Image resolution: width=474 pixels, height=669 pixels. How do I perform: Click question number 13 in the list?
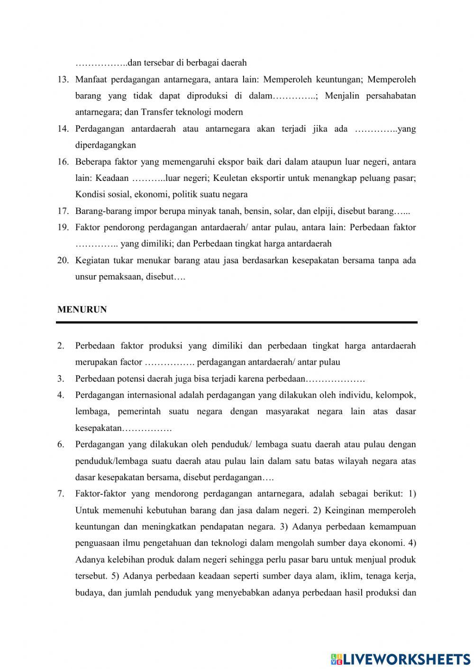coord(63,80)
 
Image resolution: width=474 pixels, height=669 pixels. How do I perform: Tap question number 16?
coord(63,162)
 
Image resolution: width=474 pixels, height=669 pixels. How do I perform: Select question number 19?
coord(63,227)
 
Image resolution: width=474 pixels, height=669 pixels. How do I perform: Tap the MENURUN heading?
coord(82,310)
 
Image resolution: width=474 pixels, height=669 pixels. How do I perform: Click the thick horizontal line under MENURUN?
coord(237,322)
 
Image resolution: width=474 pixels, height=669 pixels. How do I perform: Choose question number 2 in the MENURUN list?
coord(61,346)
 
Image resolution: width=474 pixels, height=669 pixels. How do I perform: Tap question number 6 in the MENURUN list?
coord(61,444)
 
